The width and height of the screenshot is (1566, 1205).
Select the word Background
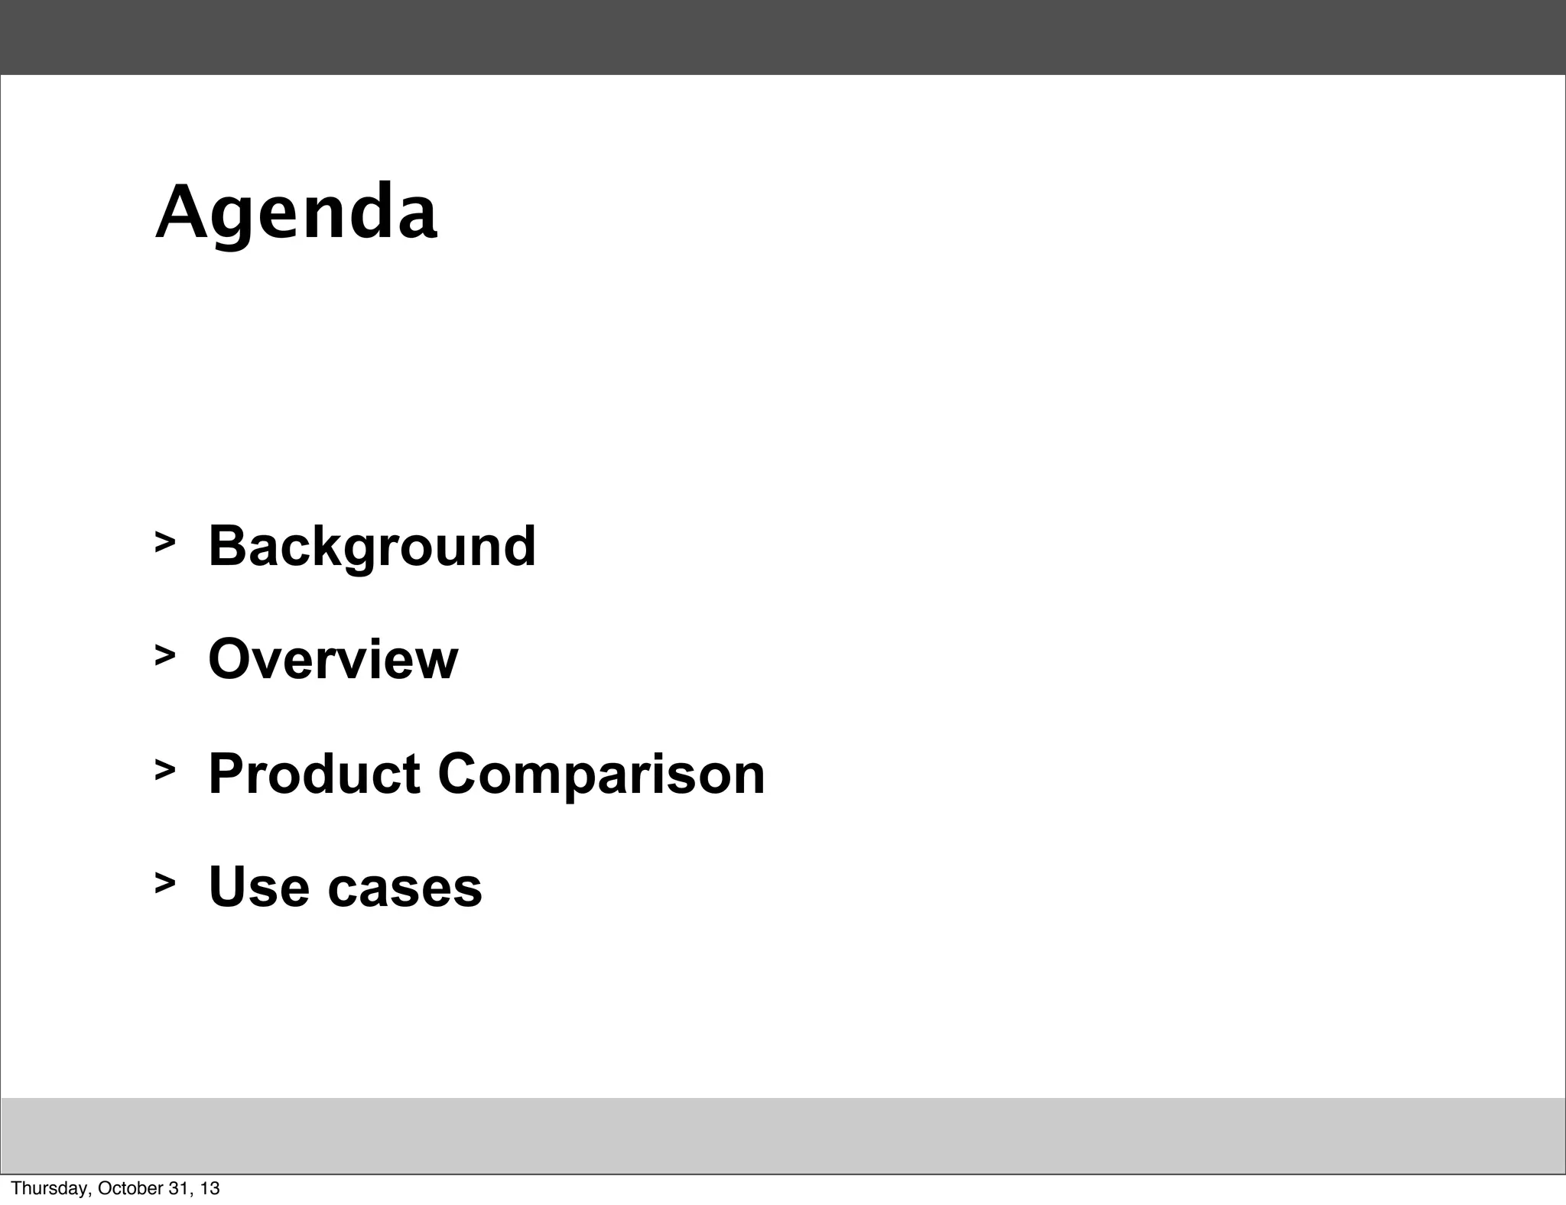pos(372,547)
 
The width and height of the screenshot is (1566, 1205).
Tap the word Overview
pos(333,659)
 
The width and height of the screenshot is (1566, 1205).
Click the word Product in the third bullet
pos(314,774)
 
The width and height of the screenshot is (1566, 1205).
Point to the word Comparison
pos(601,775)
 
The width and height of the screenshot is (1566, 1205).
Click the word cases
pos(404,888)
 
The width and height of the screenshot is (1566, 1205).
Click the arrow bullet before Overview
pos(164,654)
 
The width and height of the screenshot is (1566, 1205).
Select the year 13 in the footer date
pos(210,1188)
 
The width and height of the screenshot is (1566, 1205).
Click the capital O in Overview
pos(229,659)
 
